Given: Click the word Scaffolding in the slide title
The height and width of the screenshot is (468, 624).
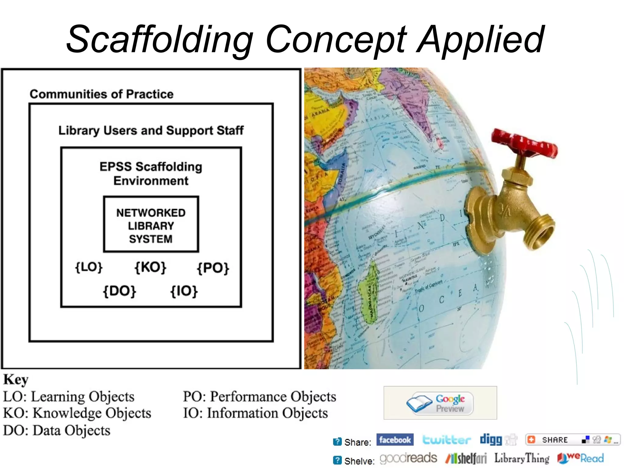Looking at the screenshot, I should [x=160, y=40].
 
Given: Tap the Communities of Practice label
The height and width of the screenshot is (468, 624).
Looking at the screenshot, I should [x=101, y=94].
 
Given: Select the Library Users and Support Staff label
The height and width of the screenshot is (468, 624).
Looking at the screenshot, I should [x=151, y=130].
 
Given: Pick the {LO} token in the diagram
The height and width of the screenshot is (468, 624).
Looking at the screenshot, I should [x=89, y=267].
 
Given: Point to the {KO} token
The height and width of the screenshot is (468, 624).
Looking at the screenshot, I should [x=151, y=267].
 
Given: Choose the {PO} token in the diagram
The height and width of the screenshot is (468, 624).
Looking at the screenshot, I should [x=213, y=268].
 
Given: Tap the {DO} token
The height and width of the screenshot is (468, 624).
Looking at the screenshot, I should [x=119, y=291].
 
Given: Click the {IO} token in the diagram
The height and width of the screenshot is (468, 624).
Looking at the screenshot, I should [x=184, y=291].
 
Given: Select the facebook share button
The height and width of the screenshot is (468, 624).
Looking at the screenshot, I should [x=395, y=440].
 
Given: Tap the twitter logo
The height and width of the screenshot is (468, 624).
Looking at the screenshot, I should [x=446, y=440].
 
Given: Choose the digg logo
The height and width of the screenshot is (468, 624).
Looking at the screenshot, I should [x=491, y=439].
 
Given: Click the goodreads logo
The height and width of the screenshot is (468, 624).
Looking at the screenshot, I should [x=408, y=458].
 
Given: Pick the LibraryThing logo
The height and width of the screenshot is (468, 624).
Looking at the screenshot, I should [x=522, y=458].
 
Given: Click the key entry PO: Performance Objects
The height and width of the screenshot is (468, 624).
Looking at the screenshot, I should [x=259, y=397].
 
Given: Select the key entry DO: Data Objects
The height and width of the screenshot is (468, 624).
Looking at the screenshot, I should [x=57, y=431].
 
